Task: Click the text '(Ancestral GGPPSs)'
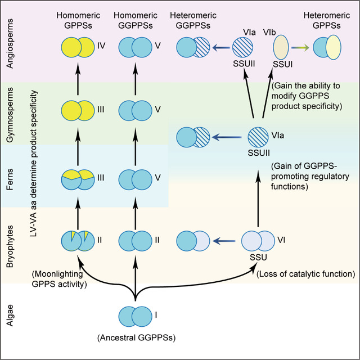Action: [x=135, y=339]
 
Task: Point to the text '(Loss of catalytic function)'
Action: [x=305, y=274]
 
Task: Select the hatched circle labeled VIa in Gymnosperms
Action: [x=257, y=136]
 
